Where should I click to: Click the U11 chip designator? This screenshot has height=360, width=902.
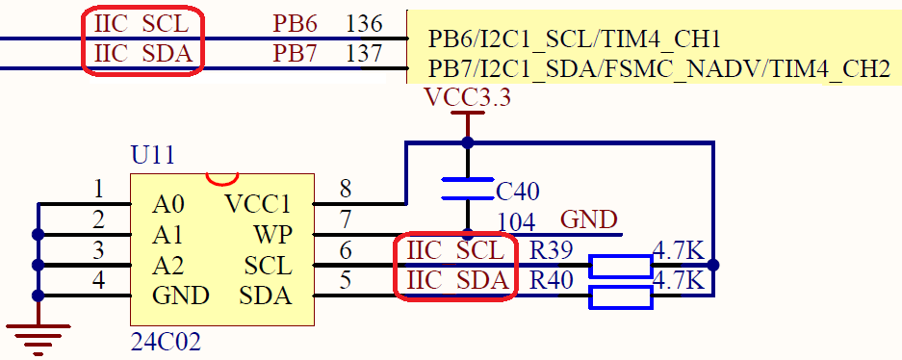(153, 156)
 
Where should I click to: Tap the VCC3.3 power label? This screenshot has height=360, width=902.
(468, 97)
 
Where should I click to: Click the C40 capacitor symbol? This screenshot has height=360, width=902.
(467, 189)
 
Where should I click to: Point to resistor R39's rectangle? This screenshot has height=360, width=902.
(621, 267)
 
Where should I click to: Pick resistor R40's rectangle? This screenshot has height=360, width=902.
(621, 296)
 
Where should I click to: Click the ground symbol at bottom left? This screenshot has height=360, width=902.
(38, 337)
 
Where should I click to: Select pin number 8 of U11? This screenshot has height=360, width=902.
(346, 189)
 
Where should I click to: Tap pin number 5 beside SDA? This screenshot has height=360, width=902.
(346, 281)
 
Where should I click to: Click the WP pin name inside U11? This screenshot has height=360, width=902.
(271, 235)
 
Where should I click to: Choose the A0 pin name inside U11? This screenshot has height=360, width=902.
(168, 204)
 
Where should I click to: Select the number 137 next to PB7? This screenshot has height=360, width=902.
(364, 54)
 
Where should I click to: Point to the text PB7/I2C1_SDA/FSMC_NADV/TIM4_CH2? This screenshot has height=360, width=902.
(658, 69)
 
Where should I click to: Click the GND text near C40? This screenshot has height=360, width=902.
(589, 219)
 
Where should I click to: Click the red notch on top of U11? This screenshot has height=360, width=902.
(222, 178)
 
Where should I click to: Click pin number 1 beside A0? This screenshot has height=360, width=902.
(98, 189)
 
